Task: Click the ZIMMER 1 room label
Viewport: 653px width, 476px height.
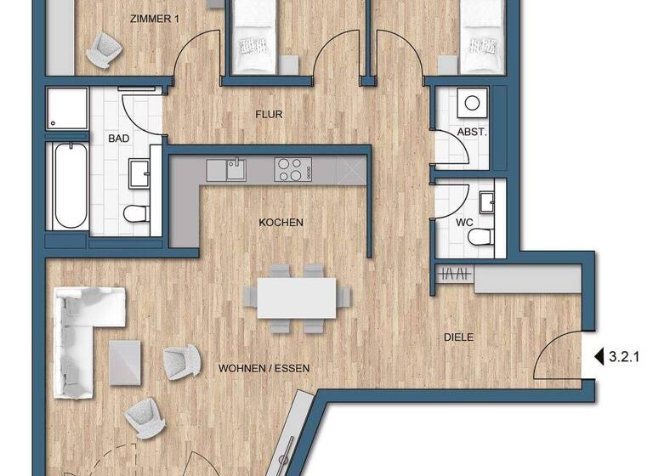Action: point(158,19)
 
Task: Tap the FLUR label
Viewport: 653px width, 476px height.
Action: point(269,114)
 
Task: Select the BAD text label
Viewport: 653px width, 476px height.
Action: point(117,138)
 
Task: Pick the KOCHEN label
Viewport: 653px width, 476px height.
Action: point(281,223)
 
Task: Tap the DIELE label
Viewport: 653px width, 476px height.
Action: point(458,337)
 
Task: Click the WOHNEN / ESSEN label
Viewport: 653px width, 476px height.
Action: point(264,369)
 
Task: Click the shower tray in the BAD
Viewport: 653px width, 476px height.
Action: point(68,109)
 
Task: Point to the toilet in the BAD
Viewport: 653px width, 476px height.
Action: point(136,212)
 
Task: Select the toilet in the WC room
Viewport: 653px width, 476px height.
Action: point(482,235)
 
